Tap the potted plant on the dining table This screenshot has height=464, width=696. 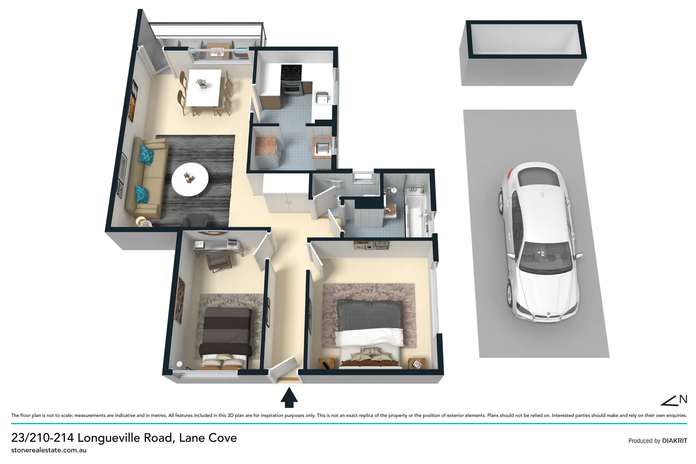point(201,83)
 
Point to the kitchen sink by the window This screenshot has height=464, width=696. point(322,98)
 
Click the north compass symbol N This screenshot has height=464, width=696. point(683,399)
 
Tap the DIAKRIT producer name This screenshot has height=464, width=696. point(674,441)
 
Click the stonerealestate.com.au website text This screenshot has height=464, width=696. point(49,450)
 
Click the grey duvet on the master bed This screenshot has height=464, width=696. point(369,316)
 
